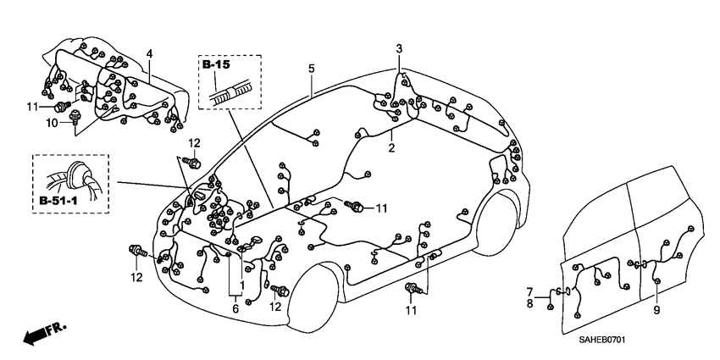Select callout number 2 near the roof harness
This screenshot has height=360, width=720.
pyautogui.click(x=391, y=147)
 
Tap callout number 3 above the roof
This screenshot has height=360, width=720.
pyautogui.click(x=399, y=49)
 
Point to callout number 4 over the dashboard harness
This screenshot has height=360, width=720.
pyautogui.click(x=149, y=54)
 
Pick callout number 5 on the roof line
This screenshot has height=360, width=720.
pyautogui.click(x=311, y=68)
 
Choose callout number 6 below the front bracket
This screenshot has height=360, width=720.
pyautogui.click(x=235, y=310)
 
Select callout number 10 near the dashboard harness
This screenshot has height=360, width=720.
pyautogui.click(x=53, y=122)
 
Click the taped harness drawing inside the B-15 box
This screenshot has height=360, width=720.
pyautogui.click(x=230, y=91)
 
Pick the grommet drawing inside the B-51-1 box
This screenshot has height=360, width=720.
pyautogui.click(x=76, y=175)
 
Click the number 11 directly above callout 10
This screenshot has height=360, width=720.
pyautogui.click(x=32, y=106)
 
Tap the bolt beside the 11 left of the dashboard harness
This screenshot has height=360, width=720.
pyautogui.click(x=62, y=107)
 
